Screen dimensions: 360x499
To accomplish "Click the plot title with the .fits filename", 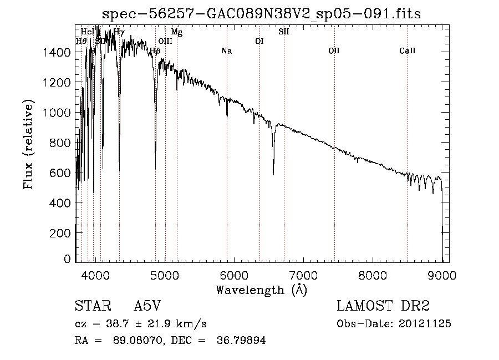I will [262, 14].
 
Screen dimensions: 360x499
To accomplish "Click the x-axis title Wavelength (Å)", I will [261, 290].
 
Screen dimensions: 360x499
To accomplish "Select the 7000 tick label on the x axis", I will [303, 275].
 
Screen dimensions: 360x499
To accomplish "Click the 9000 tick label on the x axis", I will [442, 275].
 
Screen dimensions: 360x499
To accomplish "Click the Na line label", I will [226, 51].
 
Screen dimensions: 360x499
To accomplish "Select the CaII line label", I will [408, 51].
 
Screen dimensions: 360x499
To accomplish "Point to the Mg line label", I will [176, 32].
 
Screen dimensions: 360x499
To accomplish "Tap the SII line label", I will [283, 32].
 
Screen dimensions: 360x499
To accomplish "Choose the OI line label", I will [259, 41].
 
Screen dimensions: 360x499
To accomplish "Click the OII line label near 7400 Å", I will [334, 51].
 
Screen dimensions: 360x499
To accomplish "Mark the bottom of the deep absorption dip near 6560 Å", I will [273, 174].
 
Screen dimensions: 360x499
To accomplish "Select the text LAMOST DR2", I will [383, 306].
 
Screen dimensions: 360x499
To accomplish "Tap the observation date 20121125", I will [425, 324].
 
